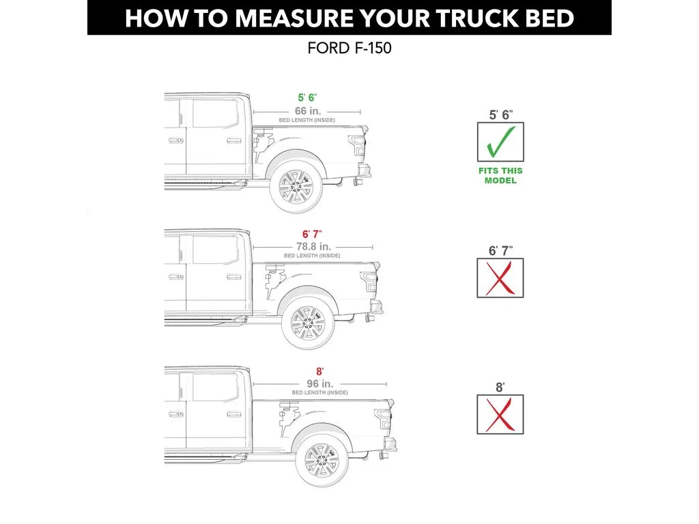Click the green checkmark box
(500, 142)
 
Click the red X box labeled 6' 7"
(500, 278)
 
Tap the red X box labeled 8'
(500, 414)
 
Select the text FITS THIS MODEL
(500, 175)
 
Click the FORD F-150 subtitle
(349, 50)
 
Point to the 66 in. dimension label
(308, 111)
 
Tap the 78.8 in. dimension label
(313, 246)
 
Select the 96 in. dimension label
(319, 383)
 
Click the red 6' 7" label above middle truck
(312, 235)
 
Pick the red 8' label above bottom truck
(319, 371)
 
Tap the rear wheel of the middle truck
(307, 323)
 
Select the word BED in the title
(547, 18)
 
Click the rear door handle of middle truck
(234, 276)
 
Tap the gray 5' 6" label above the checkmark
(500, 115)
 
